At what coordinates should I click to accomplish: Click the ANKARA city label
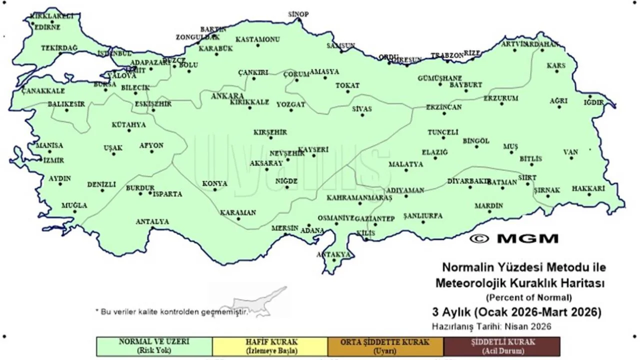(x=227, y=95)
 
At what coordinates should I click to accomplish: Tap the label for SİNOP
(x=298, y=14)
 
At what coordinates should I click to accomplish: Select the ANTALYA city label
(x=152, y=221)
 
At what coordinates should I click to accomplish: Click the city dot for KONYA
(x=214, y=190)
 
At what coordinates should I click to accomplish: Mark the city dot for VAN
(x=571, y=158)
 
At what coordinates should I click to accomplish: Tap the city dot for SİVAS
(x=362, y=115)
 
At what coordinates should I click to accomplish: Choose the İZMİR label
(x=52, y=160)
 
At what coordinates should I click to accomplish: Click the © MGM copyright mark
(x=513, y=238)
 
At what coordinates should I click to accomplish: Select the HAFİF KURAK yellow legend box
(x=270, y=346)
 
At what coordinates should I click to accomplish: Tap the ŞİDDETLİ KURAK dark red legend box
(x=502, y=346)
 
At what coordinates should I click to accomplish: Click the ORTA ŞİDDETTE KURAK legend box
(x=385, y=346)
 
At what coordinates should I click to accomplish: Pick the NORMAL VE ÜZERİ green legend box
(x=154, y=346)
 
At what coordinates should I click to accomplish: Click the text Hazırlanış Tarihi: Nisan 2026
(x=491, y=327)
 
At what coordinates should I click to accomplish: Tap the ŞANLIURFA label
(x=423, y=215)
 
